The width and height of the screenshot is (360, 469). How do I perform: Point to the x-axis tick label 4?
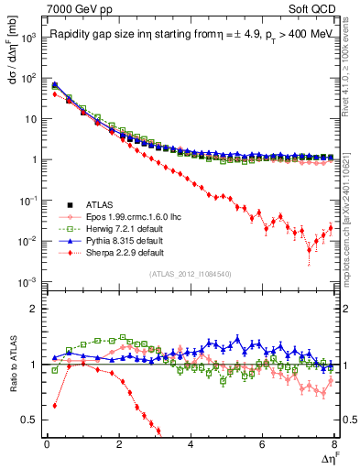[x=191, y=445]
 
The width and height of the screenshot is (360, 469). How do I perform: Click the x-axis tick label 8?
[x=334, y=445]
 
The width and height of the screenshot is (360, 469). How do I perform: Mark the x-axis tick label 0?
[x=47, y=445]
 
